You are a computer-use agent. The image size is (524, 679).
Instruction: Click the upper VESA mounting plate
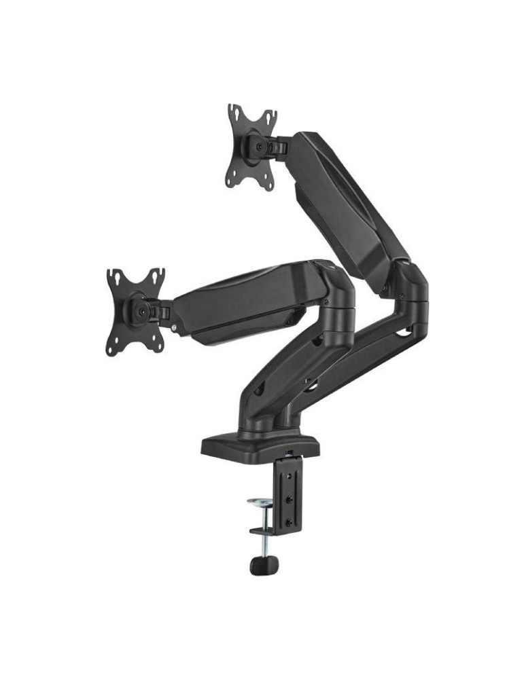[251, 146]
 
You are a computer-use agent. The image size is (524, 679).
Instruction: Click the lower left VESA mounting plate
[135, 310]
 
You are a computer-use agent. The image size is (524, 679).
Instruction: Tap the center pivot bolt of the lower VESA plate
[141, 310]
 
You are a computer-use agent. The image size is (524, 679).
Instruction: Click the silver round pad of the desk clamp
[259, 502]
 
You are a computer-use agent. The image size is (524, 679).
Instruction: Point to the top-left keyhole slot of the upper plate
[234, 112]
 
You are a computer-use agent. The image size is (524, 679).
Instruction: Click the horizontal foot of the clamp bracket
[266, 530]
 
